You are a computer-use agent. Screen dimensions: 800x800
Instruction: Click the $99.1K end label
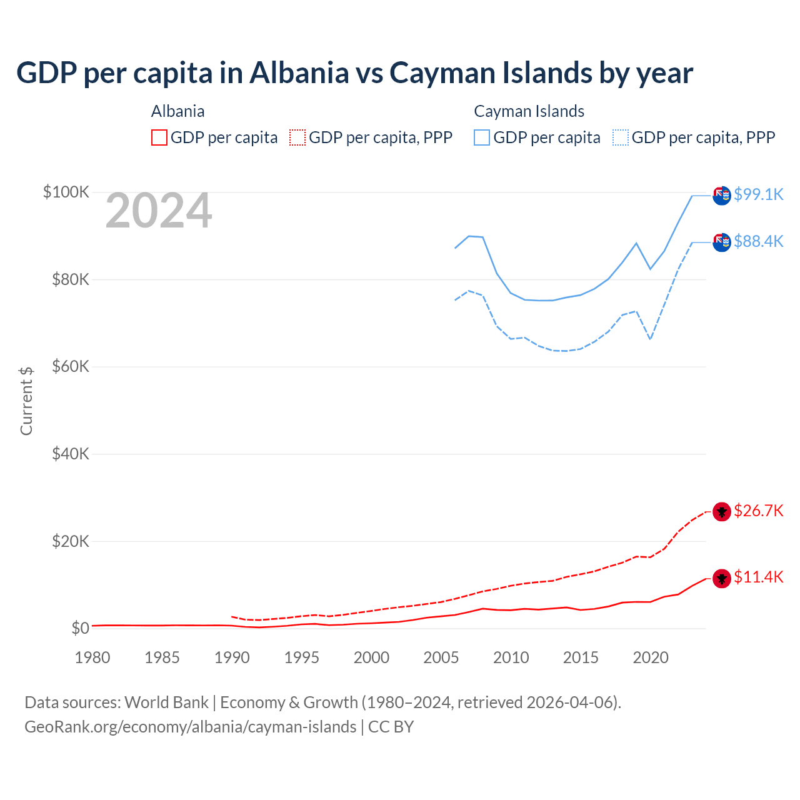pos(758,194)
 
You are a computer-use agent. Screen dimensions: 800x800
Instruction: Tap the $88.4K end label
pos(758,241)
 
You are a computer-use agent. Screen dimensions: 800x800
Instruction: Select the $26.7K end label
pos(758,511)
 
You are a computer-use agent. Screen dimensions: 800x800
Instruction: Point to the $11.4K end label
pos(758,577)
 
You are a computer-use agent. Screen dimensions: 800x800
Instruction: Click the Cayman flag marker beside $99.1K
pos(722,196)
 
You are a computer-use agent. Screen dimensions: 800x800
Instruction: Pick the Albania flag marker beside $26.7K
pos(722,512)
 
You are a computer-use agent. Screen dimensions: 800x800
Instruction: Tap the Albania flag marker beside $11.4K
pos(722,579)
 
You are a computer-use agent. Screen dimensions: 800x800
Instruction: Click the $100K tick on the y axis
pos(66,192)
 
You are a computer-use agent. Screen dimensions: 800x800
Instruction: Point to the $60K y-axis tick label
pos(70,366)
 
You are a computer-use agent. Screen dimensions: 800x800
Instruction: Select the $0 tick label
pos(80,628)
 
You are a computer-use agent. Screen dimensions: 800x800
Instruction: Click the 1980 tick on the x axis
pos(92,657)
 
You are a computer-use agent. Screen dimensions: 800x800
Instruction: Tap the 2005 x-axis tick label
pos(441,657)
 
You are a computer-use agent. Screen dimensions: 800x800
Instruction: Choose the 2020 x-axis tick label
pos(651,657)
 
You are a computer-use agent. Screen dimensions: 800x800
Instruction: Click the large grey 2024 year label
pos(159,211)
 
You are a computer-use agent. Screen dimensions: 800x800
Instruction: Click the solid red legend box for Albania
pos(159,137)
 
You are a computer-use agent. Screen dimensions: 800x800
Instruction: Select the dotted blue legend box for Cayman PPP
pos(621,137)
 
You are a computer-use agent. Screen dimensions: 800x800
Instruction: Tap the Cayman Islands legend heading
pos(529,111)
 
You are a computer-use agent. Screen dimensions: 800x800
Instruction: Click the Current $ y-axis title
pos(26,401)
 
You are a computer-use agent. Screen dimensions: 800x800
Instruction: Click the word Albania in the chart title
pos(299,72)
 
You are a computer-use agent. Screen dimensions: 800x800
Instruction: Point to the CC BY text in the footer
pos(391,727)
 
